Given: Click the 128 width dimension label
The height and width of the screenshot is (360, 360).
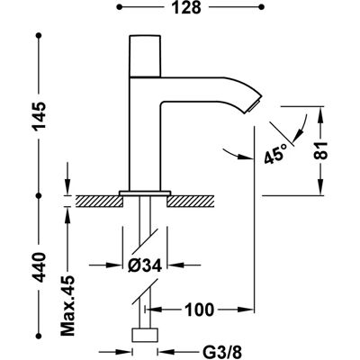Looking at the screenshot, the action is click(186, 7).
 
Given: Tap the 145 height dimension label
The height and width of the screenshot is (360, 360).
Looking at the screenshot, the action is click(40, 116).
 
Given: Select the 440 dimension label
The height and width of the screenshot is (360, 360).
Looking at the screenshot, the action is click(40, 267).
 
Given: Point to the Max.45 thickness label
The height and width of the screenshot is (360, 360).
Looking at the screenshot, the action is click(67, 305).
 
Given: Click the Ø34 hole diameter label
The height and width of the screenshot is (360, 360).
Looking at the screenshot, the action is click(145, 265).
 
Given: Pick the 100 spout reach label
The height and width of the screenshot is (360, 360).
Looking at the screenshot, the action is click(200, 310).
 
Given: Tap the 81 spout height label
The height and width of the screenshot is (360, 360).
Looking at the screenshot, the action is click(321, 150).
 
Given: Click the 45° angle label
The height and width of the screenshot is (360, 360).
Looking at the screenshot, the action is click(275, 153).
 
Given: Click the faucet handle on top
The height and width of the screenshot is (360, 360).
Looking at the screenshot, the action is click(145, 56).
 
